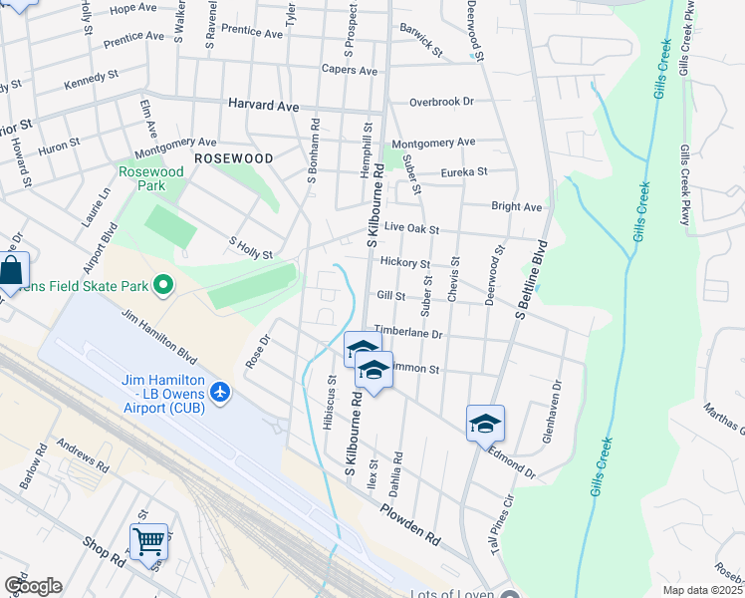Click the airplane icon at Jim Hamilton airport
point(221,394)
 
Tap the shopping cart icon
point(148,542)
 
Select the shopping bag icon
point(11,271)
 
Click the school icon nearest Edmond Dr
point(485,424)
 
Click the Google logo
point(33,586)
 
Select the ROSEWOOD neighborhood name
point(233,158)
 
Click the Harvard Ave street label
point(263,105)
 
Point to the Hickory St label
point(404,263)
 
